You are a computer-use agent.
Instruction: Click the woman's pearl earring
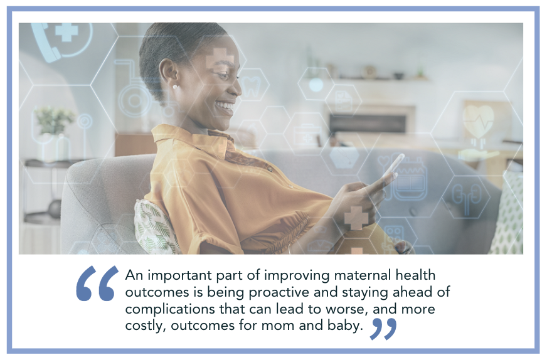coord(175,86)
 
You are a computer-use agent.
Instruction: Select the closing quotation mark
coord(383,329)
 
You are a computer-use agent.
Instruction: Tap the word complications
coord(170,309)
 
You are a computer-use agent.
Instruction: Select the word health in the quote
coord(415,275)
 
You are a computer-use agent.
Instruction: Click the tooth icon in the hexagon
coord(251,86)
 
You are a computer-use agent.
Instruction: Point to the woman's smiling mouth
coord(225,107)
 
